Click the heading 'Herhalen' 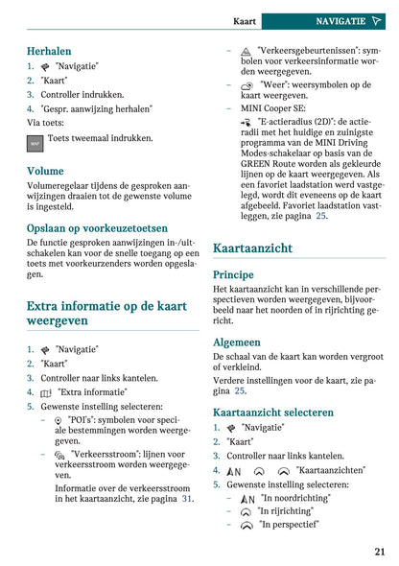click(49, 50)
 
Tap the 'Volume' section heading click(45, 171)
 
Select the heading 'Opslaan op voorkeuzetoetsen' click(97, 228)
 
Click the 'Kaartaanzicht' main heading click(252, 248)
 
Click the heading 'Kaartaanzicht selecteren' click(273, 413)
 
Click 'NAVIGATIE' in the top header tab click(340, 20)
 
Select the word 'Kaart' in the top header click(245, 20)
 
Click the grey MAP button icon click(35, 144)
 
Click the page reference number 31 click(188, 499)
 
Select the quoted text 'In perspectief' click(290, 525)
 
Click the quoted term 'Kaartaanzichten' click(330, 471)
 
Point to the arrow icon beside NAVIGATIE click(378, 20)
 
